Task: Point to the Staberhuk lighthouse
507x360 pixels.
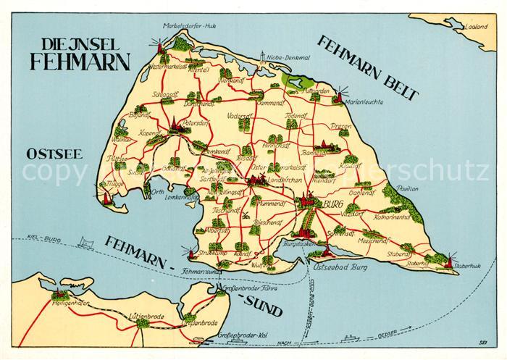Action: coord(448,260)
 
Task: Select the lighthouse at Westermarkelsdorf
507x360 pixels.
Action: coord(154,46)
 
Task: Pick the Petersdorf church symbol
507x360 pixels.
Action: coord(174,126)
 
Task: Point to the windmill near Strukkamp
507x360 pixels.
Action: coord(190,253)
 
